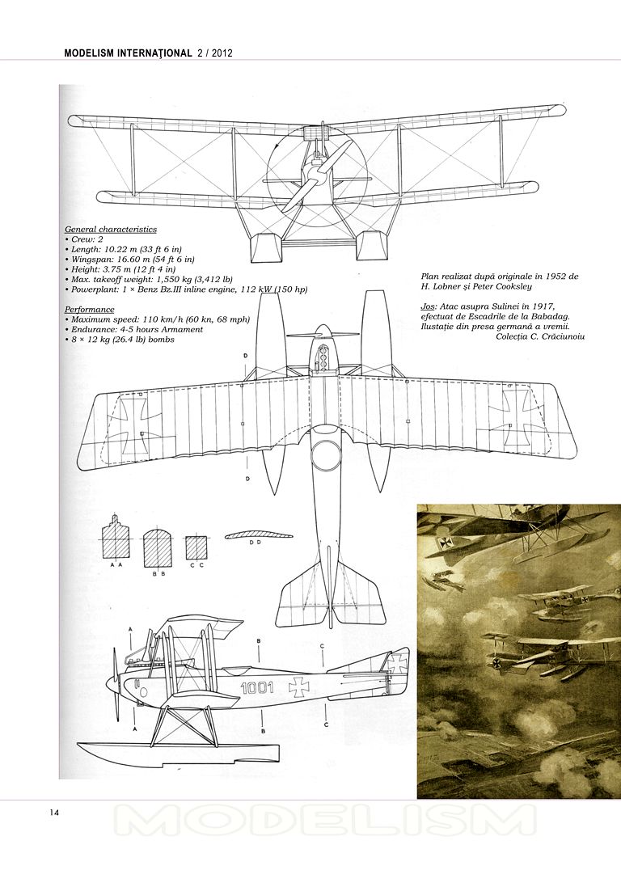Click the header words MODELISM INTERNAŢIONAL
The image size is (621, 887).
point(128,53)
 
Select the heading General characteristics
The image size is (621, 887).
point(111,230)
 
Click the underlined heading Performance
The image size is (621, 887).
point(90,309)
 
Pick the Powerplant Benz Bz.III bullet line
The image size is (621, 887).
point(187,289)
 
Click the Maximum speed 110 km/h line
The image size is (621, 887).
point(158,319)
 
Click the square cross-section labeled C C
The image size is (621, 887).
point(196,547)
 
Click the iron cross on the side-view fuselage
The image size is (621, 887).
point(300,686)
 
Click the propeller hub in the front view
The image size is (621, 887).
point(316,173)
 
